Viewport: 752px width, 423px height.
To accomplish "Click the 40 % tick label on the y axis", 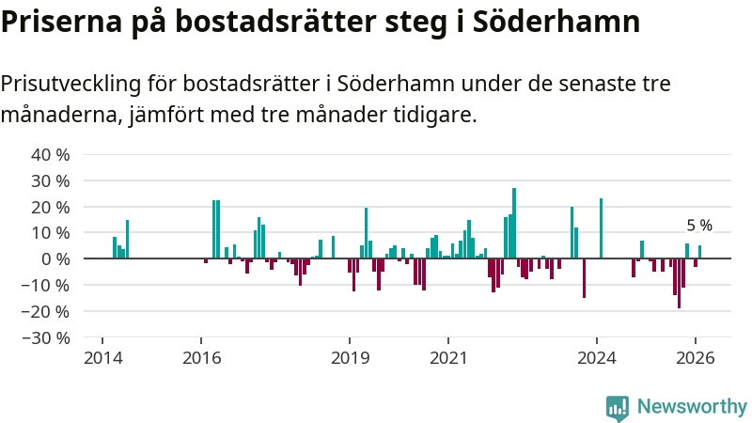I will click(x=51, y=154).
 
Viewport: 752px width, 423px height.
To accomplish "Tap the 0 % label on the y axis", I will click(x=55, y=258).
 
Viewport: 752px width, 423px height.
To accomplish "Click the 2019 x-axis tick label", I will click(x=350, y=358).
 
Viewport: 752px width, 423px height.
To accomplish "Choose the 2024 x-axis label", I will click(x=597, y=358).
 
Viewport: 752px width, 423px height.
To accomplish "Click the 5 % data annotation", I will click(x=699, y=226).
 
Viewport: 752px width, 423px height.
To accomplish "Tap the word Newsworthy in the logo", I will click(x=692, y=406).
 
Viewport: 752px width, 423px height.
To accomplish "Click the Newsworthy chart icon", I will click(x=618, y=406).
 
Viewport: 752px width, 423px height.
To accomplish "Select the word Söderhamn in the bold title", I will click(x=562, y=23).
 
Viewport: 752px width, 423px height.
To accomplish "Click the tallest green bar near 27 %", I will click(x=514, y=223).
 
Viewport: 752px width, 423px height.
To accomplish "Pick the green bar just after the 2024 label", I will click(x=601, y=228).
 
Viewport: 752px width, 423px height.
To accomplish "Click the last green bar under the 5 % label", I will click(x=699, y=252).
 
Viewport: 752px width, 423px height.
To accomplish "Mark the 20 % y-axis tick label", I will click(x=51, y=206).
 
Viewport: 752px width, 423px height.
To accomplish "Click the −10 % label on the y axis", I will click(x=47, y=285).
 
